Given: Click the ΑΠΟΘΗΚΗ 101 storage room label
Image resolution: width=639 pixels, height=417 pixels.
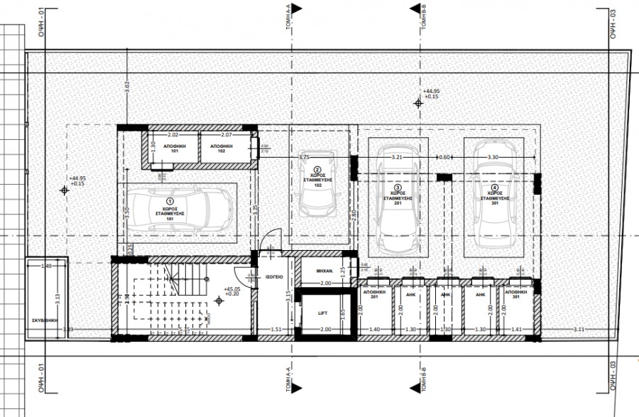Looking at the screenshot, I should pyautogui.click(x=175, y=148).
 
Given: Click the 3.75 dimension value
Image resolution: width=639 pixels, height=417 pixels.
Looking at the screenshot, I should pyautogui.click(x=305, y=157).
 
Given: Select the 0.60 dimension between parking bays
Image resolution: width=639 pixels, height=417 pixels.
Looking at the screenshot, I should pyautogui.click(x=444, y=157).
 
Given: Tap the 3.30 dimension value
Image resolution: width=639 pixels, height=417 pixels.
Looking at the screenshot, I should pyautogui.click(x=493, y=157).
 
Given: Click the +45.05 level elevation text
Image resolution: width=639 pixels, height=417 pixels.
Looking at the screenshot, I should pyautogui.click(x=233, y=289).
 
